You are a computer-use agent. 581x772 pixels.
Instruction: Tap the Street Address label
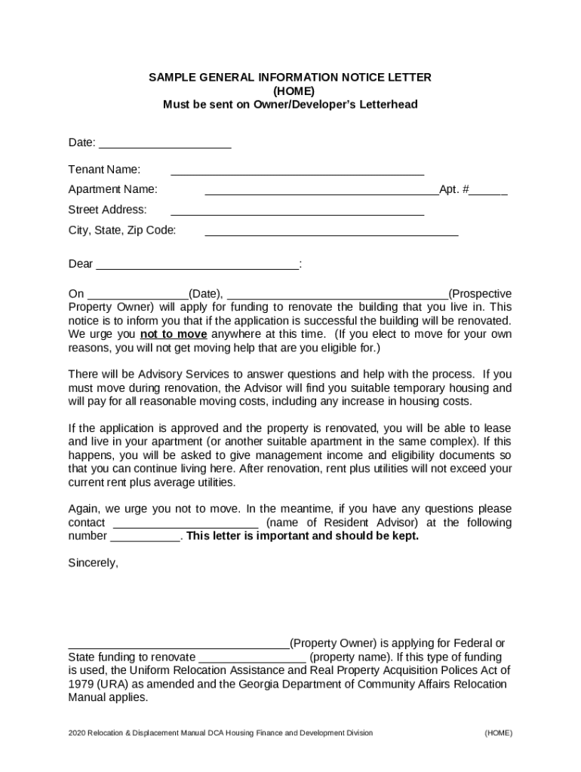point(107,210)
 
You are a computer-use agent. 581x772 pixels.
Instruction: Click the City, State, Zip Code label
point(121,230)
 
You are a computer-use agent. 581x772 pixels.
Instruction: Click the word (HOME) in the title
point(290,91)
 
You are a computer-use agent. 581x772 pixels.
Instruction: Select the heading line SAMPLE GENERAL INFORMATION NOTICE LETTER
point(290,78)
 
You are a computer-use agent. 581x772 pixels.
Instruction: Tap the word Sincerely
point(93,562)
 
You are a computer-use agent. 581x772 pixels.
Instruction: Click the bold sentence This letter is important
point(302,536)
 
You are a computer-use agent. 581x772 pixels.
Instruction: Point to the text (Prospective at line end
point(480,293)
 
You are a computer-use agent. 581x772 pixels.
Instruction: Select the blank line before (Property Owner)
point(178,644)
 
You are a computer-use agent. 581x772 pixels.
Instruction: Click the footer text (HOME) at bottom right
point(498,733)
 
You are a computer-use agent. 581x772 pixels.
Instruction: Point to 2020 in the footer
point(77,733)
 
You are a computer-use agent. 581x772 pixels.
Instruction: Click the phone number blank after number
point(146,537)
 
